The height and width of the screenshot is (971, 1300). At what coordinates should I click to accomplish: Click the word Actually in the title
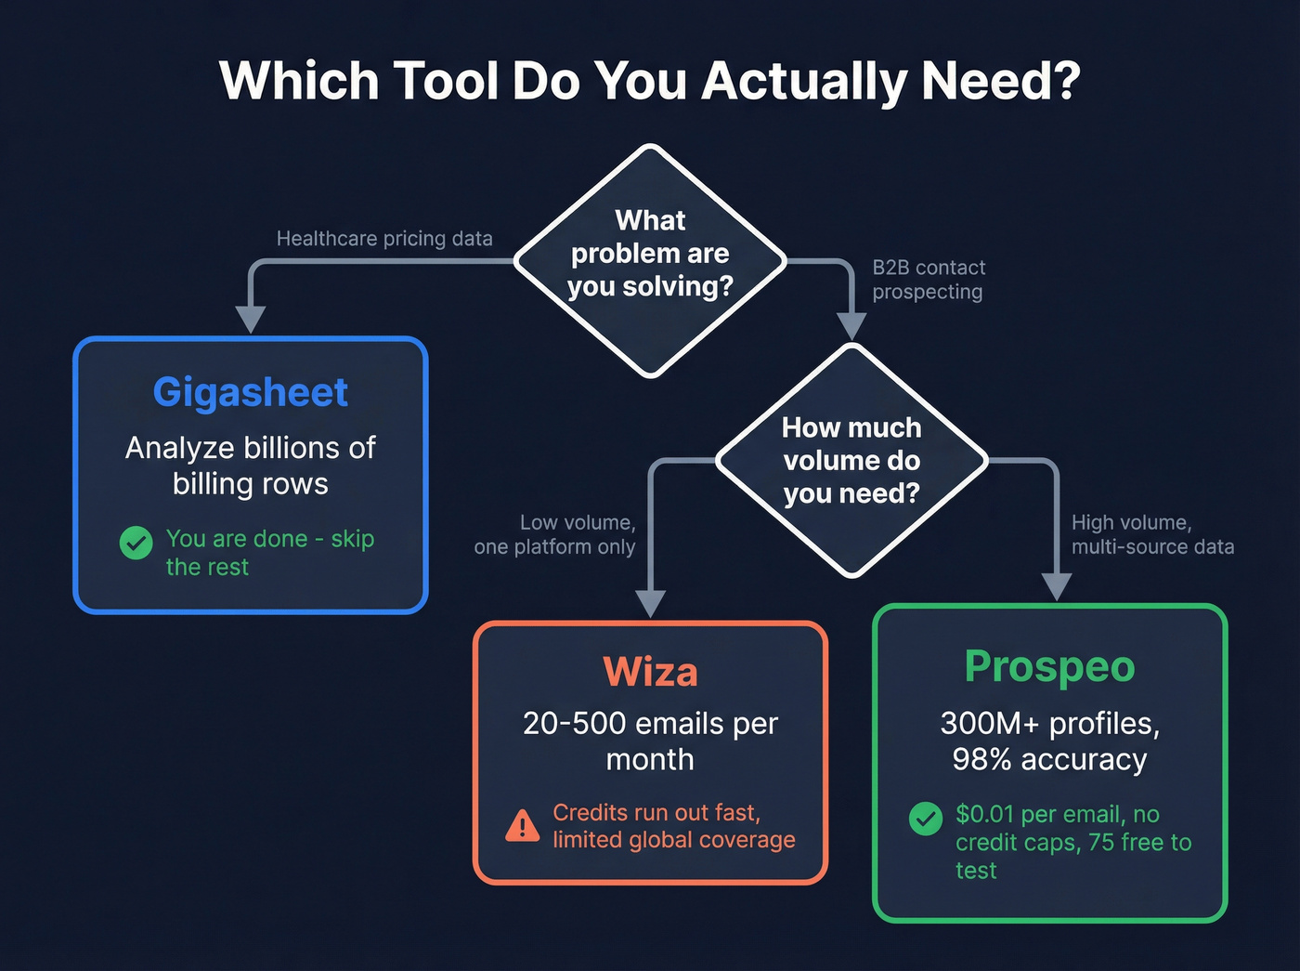click(804, 82)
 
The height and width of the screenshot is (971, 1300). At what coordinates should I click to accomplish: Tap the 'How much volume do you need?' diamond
click(851, 461)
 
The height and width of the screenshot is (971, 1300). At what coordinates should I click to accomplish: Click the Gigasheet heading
click(251, 392)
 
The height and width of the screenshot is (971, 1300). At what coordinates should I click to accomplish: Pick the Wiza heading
click(650, 672)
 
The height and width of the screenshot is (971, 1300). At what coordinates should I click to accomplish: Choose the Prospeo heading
click(1049, 667)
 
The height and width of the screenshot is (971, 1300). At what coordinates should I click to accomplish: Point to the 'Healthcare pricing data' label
click(384, 239)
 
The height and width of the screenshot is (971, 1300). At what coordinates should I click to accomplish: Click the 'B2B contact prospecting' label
click(928, 280)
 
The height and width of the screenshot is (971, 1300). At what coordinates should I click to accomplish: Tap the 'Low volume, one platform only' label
click(555, 535)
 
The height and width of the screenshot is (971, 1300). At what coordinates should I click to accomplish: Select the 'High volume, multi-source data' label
click(1152, 535)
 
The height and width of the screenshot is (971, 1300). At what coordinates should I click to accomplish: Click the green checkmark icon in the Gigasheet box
click(136, 543)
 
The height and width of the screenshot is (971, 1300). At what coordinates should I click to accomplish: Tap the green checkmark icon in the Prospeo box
click(926, 819)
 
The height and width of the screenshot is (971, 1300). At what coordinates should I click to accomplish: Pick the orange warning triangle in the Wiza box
click(523, 825)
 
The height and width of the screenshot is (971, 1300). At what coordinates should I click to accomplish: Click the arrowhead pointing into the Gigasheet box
click(251, 319)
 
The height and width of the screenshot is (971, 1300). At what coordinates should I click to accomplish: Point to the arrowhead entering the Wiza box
click(650, 604)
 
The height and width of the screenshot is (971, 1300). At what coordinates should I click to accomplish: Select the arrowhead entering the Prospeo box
click(1057, 587)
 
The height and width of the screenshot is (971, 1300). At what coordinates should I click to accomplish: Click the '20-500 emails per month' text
click(650, 741)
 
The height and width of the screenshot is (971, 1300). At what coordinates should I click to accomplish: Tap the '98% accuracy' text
click(1049, 760)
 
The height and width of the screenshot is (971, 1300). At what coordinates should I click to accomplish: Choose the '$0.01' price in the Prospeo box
click(984, 815)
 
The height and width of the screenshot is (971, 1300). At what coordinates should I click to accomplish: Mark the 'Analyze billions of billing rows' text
click(251, 466)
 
